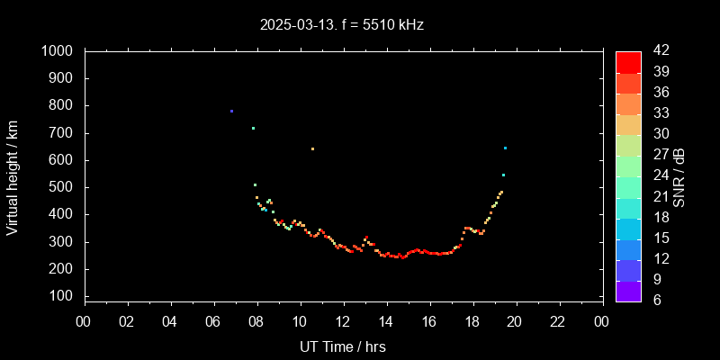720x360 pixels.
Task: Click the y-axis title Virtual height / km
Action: (13, 175)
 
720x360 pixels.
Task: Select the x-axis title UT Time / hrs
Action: (343, 346)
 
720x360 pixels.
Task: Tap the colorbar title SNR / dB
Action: (679, 175)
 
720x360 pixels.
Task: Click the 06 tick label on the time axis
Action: (213, 321)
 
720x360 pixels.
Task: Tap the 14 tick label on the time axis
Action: (386, 321)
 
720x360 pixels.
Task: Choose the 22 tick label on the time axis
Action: (559, 321)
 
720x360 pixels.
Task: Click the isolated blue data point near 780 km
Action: (231, 112)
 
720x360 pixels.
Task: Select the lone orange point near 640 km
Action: (312, 148)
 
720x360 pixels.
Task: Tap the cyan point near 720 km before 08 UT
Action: (253, 128)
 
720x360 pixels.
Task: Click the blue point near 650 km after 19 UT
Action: (505, 148)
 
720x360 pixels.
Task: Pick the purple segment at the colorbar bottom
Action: (628, 291)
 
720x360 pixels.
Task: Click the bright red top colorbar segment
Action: (628, 61)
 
